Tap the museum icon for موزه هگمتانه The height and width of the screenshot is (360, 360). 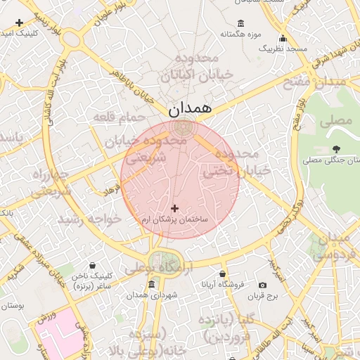241,23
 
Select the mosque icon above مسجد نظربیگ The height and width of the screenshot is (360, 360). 283,38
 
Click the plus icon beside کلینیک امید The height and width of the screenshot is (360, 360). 19,23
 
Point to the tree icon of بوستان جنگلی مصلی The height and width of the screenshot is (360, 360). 337,149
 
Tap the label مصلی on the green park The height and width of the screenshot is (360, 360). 335,120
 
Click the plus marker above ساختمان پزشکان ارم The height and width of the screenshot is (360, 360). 174,208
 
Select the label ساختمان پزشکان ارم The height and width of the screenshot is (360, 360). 175,221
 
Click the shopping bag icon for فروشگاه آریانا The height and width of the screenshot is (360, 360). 223,274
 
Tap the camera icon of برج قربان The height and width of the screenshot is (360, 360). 262,285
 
